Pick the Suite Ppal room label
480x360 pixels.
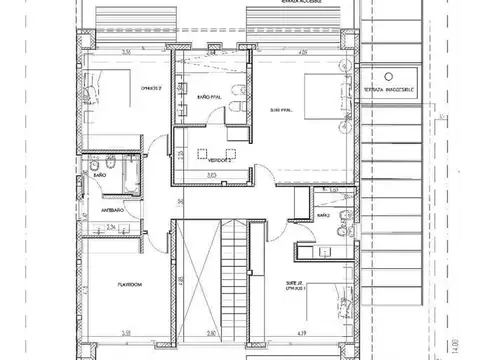tap(281, 110)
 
